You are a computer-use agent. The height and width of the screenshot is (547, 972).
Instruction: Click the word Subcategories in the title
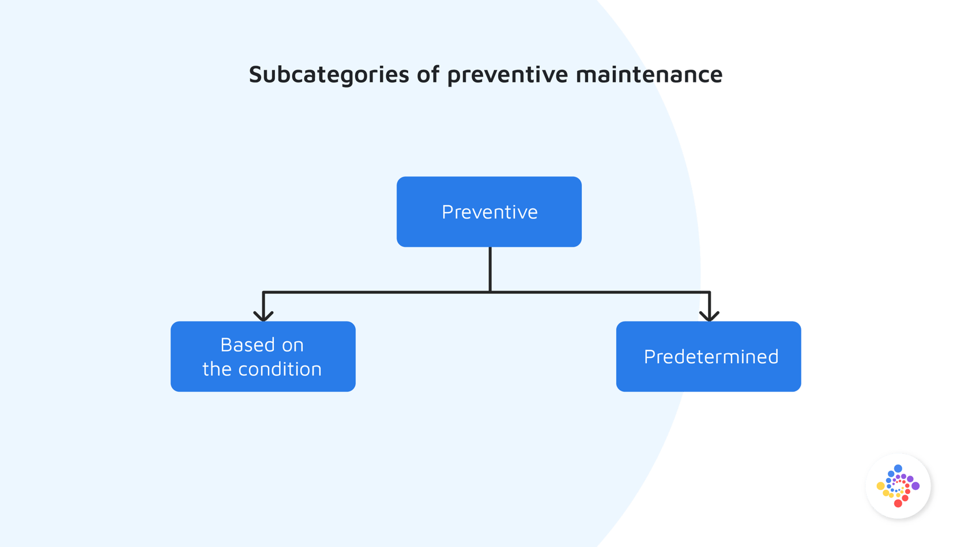click(x=329, y=74)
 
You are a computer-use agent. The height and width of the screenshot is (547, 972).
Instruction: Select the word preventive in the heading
click(x=507, y=74)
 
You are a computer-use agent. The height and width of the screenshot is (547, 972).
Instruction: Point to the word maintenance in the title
click(x=649, y=74)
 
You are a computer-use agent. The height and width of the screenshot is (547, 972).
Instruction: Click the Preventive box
click(x=489, y=212)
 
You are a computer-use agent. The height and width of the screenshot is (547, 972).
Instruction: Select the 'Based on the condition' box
click(x=263, y=356)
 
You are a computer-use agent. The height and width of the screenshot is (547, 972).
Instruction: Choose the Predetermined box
click(x=709, y=356)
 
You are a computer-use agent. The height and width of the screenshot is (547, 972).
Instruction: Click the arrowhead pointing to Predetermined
click(x=709, y=315)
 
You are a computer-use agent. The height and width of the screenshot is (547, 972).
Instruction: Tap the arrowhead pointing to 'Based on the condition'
click(x=263, y=315)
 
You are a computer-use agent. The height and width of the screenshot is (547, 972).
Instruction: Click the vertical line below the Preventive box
click(x=490, y=269)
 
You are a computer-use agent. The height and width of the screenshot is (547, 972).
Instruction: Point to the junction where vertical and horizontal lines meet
click(x=490, y=292)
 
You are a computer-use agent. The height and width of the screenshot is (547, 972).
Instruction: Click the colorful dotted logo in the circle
click(x=899, y=487)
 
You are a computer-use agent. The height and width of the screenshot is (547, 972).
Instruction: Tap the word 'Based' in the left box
click(x=246, y=345)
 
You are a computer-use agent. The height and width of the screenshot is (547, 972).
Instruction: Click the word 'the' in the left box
click(x=217, y=369)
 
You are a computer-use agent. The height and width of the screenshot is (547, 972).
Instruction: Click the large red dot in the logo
click(x=898, y=503)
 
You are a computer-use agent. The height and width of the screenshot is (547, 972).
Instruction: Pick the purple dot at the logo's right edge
click(x=916, y=486)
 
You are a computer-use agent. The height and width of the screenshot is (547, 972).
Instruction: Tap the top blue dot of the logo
click(x=898, y=469)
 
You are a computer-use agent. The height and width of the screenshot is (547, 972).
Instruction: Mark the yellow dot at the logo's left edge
click(x=880, y=486)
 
